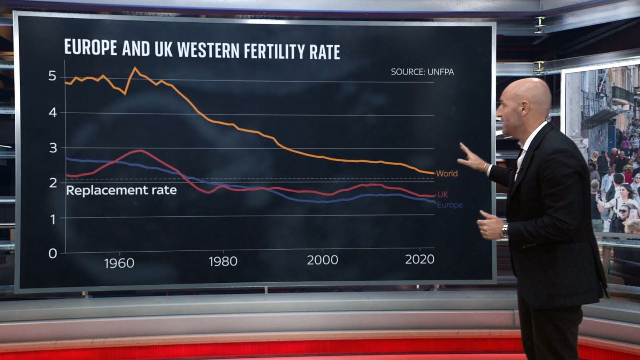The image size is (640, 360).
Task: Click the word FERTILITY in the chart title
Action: pyautogui.click(x=274, y=51)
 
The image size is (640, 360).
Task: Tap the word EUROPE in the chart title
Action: pyautogui.click(x=91, y=47)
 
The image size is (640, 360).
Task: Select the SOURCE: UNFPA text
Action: pyautogui.click(x=422, y=72)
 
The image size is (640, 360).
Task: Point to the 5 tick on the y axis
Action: pyautogui.click(x=52, y=76)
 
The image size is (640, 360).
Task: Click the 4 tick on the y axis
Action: pyautogui.click(x=52, y=112)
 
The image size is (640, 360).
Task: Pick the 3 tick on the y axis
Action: pyautogui.click(x=53, y=148)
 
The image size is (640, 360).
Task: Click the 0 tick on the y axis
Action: pyautogui.click(x=52, y=253)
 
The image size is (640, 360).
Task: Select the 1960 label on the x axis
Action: pyautogui.click(x=119, y=263)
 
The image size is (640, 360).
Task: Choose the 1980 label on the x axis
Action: pyautogui.click(x=223, y=262)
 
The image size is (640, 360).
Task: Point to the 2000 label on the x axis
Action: pyautogui.click(x=322, y=260)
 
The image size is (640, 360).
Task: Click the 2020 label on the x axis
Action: pyautogui.click(x=420, y=259)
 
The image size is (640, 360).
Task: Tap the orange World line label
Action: pyautogui.click(x=447, y=174)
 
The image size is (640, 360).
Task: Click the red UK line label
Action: pyautogui.click(x=443, y=194)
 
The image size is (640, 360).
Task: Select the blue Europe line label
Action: pyautogui.click(x=450, y=205)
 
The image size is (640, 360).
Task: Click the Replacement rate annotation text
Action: pyautogui.click(x=121, y=190)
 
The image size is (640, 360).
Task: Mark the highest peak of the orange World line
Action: pyautogui.click(x=135, y=68)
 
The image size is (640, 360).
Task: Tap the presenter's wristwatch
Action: pyautogui.click(x=505, y=231)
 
